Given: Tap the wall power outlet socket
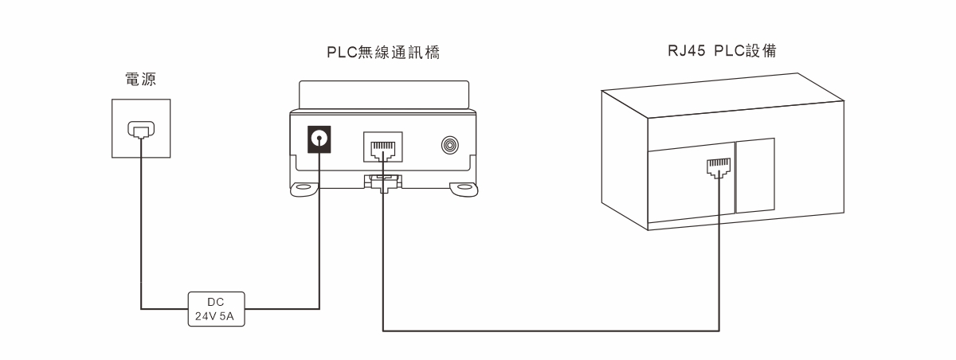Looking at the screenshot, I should [139, 129].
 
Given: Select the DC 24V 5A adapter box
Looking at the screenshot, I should [216, 307].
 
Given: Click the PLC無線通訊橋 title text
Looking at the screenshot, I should [384, 53].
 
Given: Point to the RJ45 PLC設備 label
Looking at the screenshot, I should [722, 50].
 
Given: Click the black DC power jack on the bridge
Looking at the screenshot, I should [319, 140].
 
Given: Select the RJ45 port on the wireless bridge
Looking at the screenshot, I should [383, 148].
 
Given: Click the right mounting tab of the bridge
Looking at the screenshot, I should [464, 189].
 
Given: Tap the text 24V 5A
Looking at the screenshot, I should [216, 315].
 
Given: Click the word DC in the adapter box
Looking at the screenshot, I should [216, 301].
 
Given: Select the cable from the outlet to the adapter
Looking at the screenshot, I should [141, 239].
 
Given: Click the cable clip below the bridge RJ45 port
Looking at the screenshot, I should [383, 182].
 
